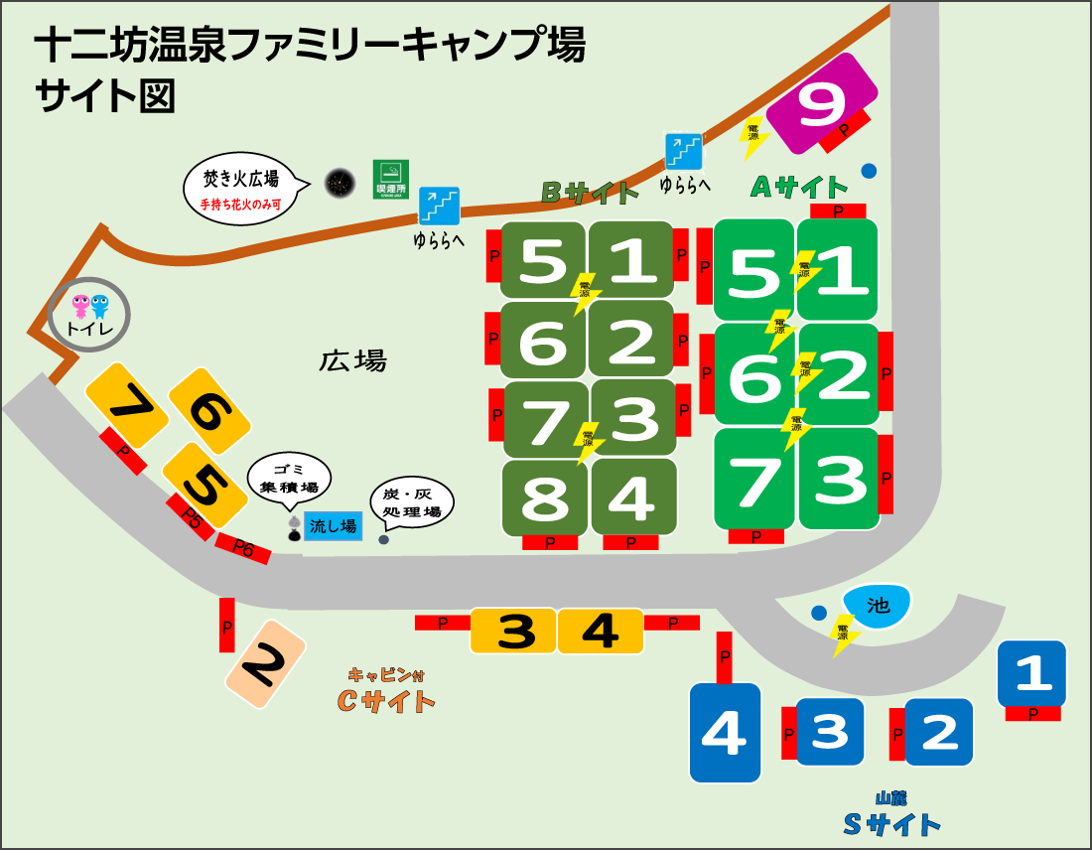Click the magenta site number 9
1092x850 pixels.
click(x=822, y=102)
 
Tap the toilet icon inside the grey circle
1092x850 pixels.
click(x=89, y=314)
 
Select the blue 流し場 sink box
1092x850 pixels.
click(x=333, y=526)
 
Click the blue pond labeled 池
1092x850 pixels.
click(x=877, y=605)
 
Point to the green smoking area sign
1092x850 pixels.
click(x=390, y=179)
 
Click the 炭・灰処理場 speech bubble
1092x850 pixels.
click(x=411, y=501)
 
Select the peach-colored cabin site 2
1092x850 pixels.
click(x=264, y=663)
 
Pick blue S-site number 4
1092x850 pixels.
click(x=725, y=733)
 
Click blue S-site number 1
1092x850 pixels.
click(x=1031, y=674)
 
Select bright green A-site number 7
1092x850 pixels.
click(x=754, y=480)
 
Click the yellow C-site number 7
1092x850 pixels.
click(x=126, y=404)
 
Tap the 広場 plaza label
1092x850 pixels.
click(x=352, y=360)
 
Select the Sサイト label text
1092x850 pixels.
click(x=890, y=823)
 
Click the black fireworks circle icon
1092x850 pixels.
click(x=340, y=182)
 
